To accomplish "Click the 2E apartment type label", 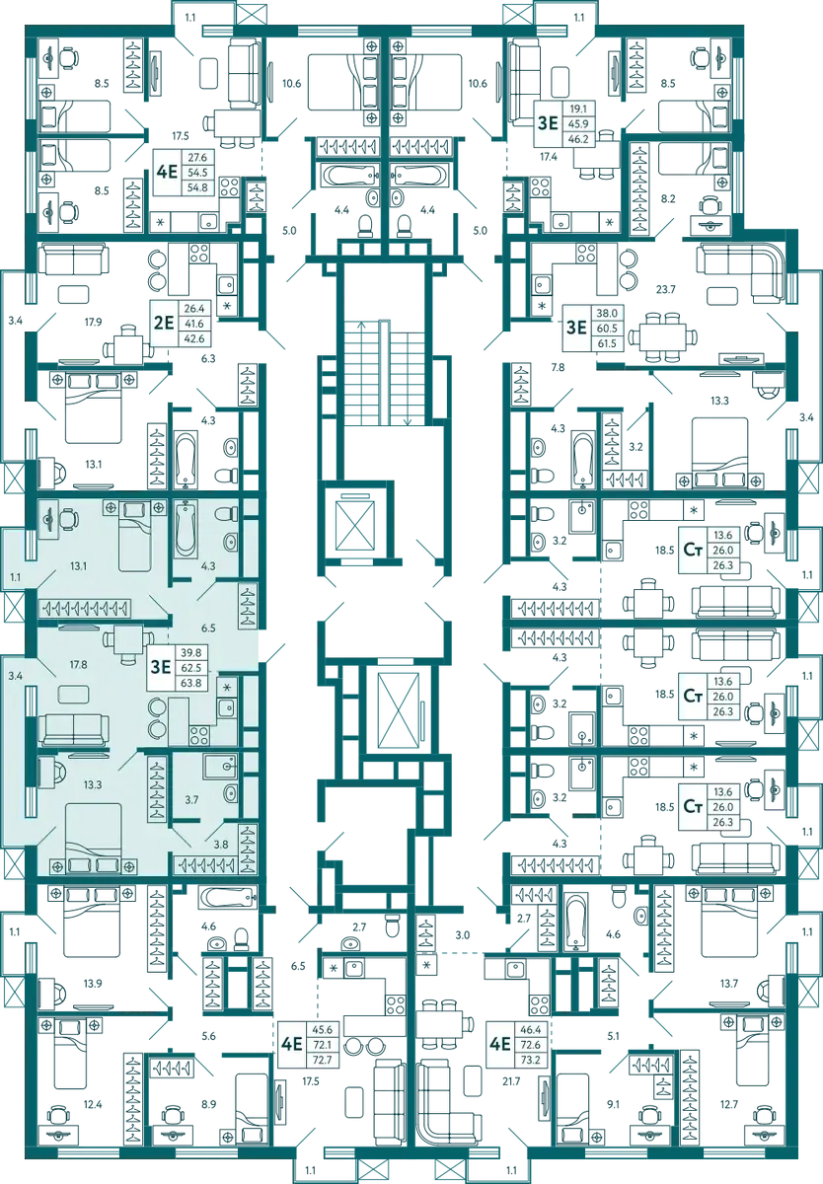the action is click(x=164, y=322).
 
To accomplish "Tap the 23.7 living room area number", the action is click(x=665, y=290).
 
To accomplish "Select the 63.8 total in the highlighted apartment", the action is click(x=191, y=683).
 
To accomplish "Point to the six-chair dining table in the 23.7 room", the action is click(x=661, y=336).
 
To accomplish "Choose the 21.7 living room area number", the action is click(x=511, y=1081).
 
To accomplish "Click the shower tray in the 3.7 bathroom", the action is click(x=220, y=766).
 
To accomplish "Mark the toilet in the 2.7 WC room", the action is click(x=391, y=925).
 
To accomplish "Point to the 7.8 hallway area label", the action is click(x=559, y=367).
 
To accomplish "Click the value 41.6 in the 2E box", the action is click(x=194, y=324).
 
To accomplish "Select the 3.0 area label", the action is click(x=463, y=935).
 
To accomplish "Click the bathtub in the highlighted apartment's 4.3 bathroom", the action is click(x=185, y=529).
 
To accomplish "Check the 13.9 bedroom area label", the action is click(x=93, y=984).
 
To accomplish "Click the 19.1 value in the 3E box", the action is click(x=578, y=109).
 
